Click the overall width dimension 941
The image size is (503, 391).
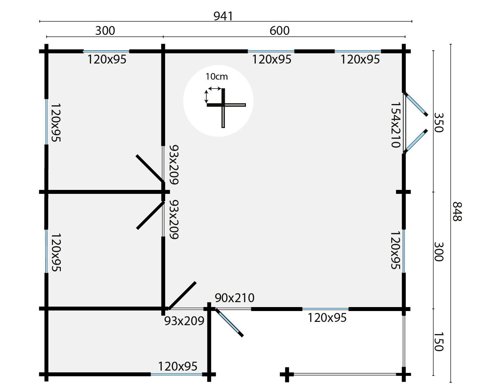click(223, 16)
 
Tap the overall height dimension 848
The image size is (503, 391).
click(457, 212)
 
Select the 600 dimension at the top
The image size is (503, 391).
click(279, 31)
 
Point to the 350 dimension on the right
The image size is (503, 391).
click(439, 122)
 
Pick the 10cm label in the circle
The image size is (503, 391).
click(216, 77)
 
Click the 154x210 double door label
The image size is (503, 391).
click(395, 125)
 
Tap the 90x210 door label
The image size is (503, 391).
click(234, 298)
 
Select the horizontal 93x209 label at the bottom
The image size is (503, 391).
click(184, 321)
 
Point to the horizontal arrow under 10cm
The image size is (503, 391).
click(215, 89)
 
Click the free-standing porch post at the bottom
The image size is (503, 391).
click(287, 374)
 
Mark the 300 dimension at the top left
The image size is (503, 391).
click(105, 31)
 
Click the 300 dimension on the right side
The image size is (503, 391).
click(439, 251)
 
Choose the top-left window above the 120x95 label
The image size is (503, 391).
click(106, 51)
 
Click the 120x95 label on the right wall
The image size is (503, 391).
click(395, 250)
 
